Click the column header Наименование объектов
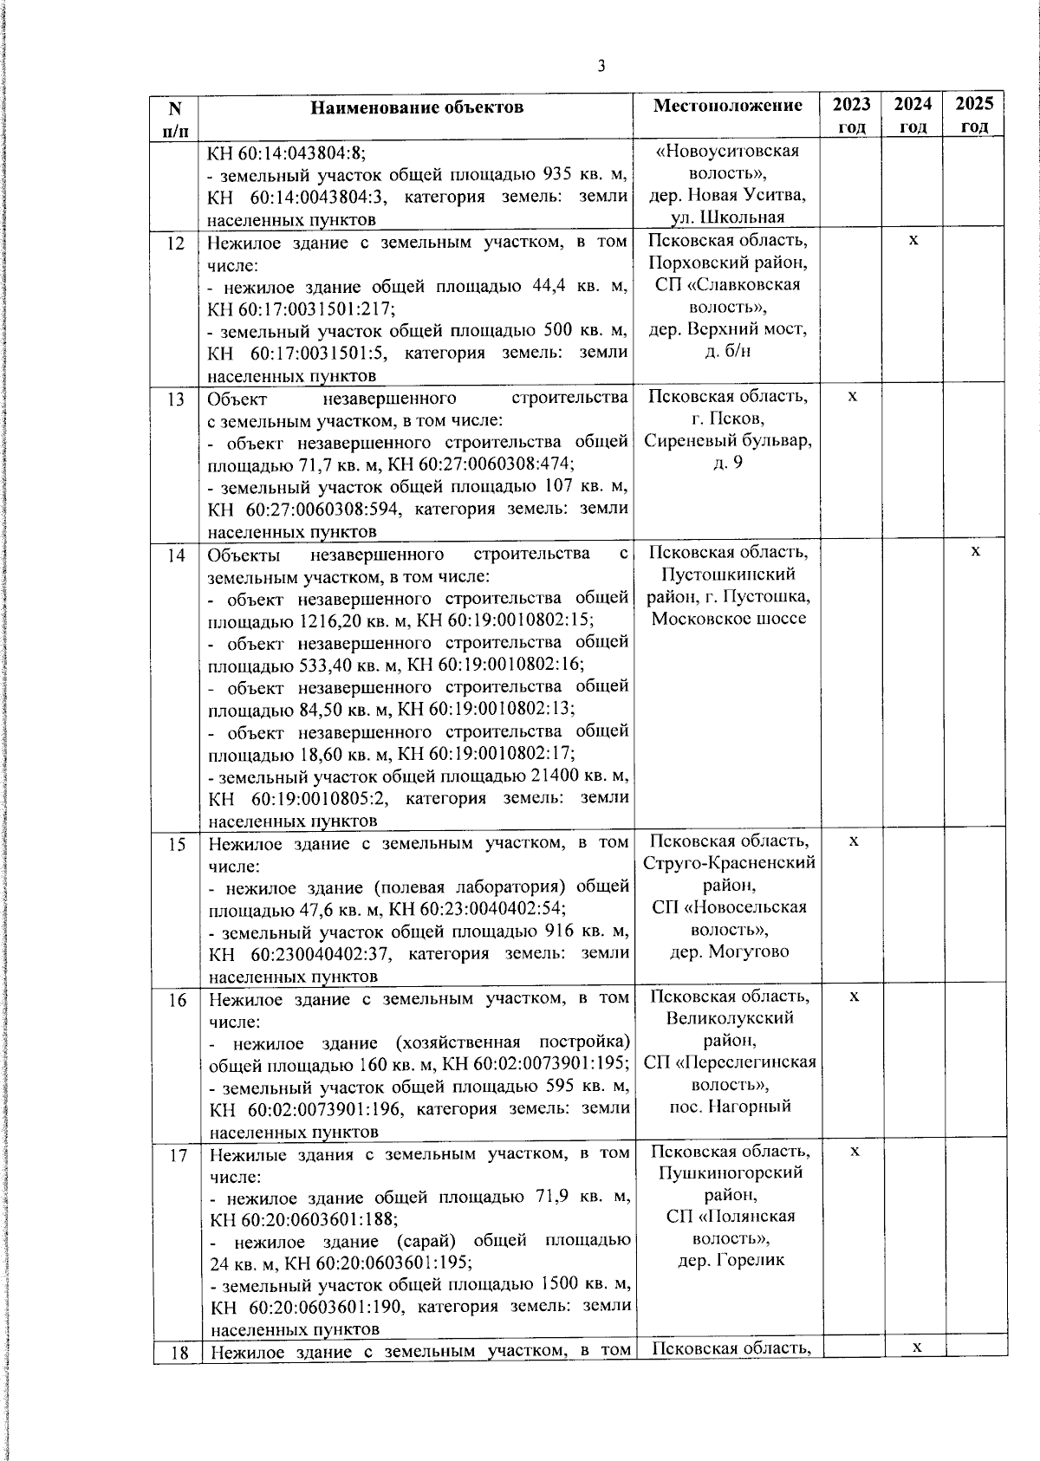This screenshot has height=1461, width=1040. (417, 107)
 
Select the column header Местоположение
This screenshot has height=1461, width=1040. (727, 106)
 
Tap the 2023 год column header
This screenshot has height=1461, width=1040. (851, 115)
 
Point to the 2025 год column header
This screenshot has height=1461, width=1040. (974, 115)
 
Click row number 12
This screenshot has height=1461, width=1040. (176, 243)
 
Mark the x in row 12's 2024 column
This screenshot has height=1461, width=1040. (913, 239)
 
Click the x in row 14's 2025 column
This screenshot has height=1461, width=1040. (975, 551)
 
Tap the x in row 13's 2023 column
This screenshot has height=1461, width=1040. (852, 396)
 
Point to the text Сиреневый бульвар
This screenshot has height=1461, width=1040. (727, 440)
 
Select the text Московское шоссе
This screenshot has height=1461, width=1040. (728, 618)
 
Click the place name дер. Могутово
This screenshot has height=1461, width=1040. (729, 951)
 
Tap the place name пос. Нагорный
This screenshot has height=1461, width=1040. (730, 1107)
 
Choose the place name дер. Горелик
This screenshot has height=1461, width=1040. (731, 1260)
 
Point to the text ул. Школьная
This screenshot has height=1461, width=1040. (728, 218)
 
